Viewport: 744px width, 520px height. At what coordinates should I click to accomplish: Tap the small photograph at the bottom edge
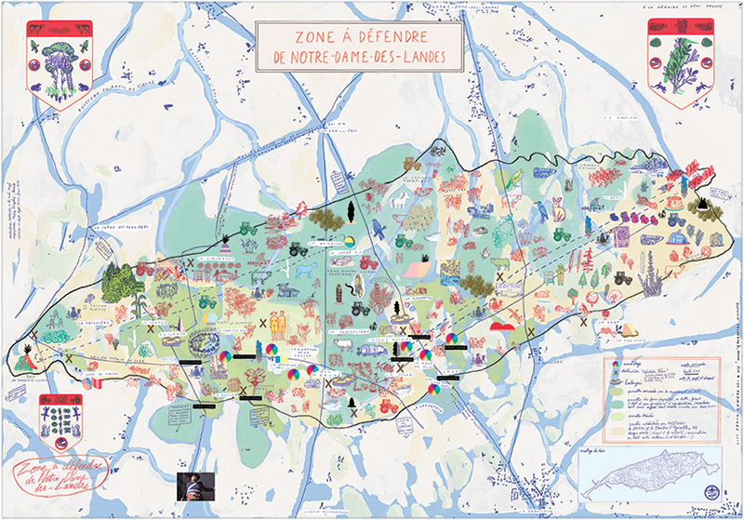click(x=195, y=486)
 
